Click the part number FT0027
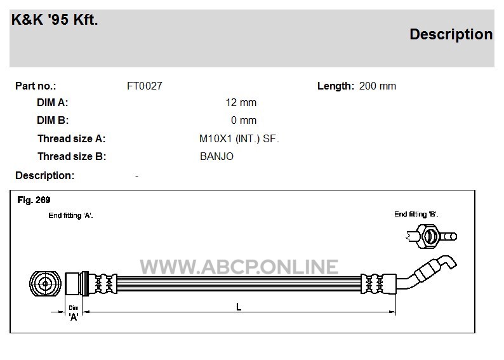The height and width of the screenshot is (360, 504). [145, 86]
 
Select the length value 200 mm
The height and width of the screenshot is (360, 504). [377, 86]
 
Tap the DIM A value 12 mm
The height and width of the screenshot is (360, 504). [241, 102]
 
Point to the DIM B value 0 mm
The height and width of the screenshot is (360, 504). [244, 120]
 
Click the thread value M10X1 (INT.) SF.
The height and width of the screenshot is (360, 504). [239, 138]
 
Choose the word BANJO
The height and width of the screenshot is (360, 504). [216, 156]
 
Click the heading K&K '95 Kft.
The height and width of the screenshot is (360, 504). [55, 19]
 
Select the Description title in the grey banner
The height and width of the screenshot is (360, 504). [451, 34]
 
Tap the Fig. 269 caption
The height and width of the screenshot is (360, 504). [34, 200]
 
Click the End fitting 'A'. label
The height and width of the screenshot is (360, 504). [70, 215]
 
